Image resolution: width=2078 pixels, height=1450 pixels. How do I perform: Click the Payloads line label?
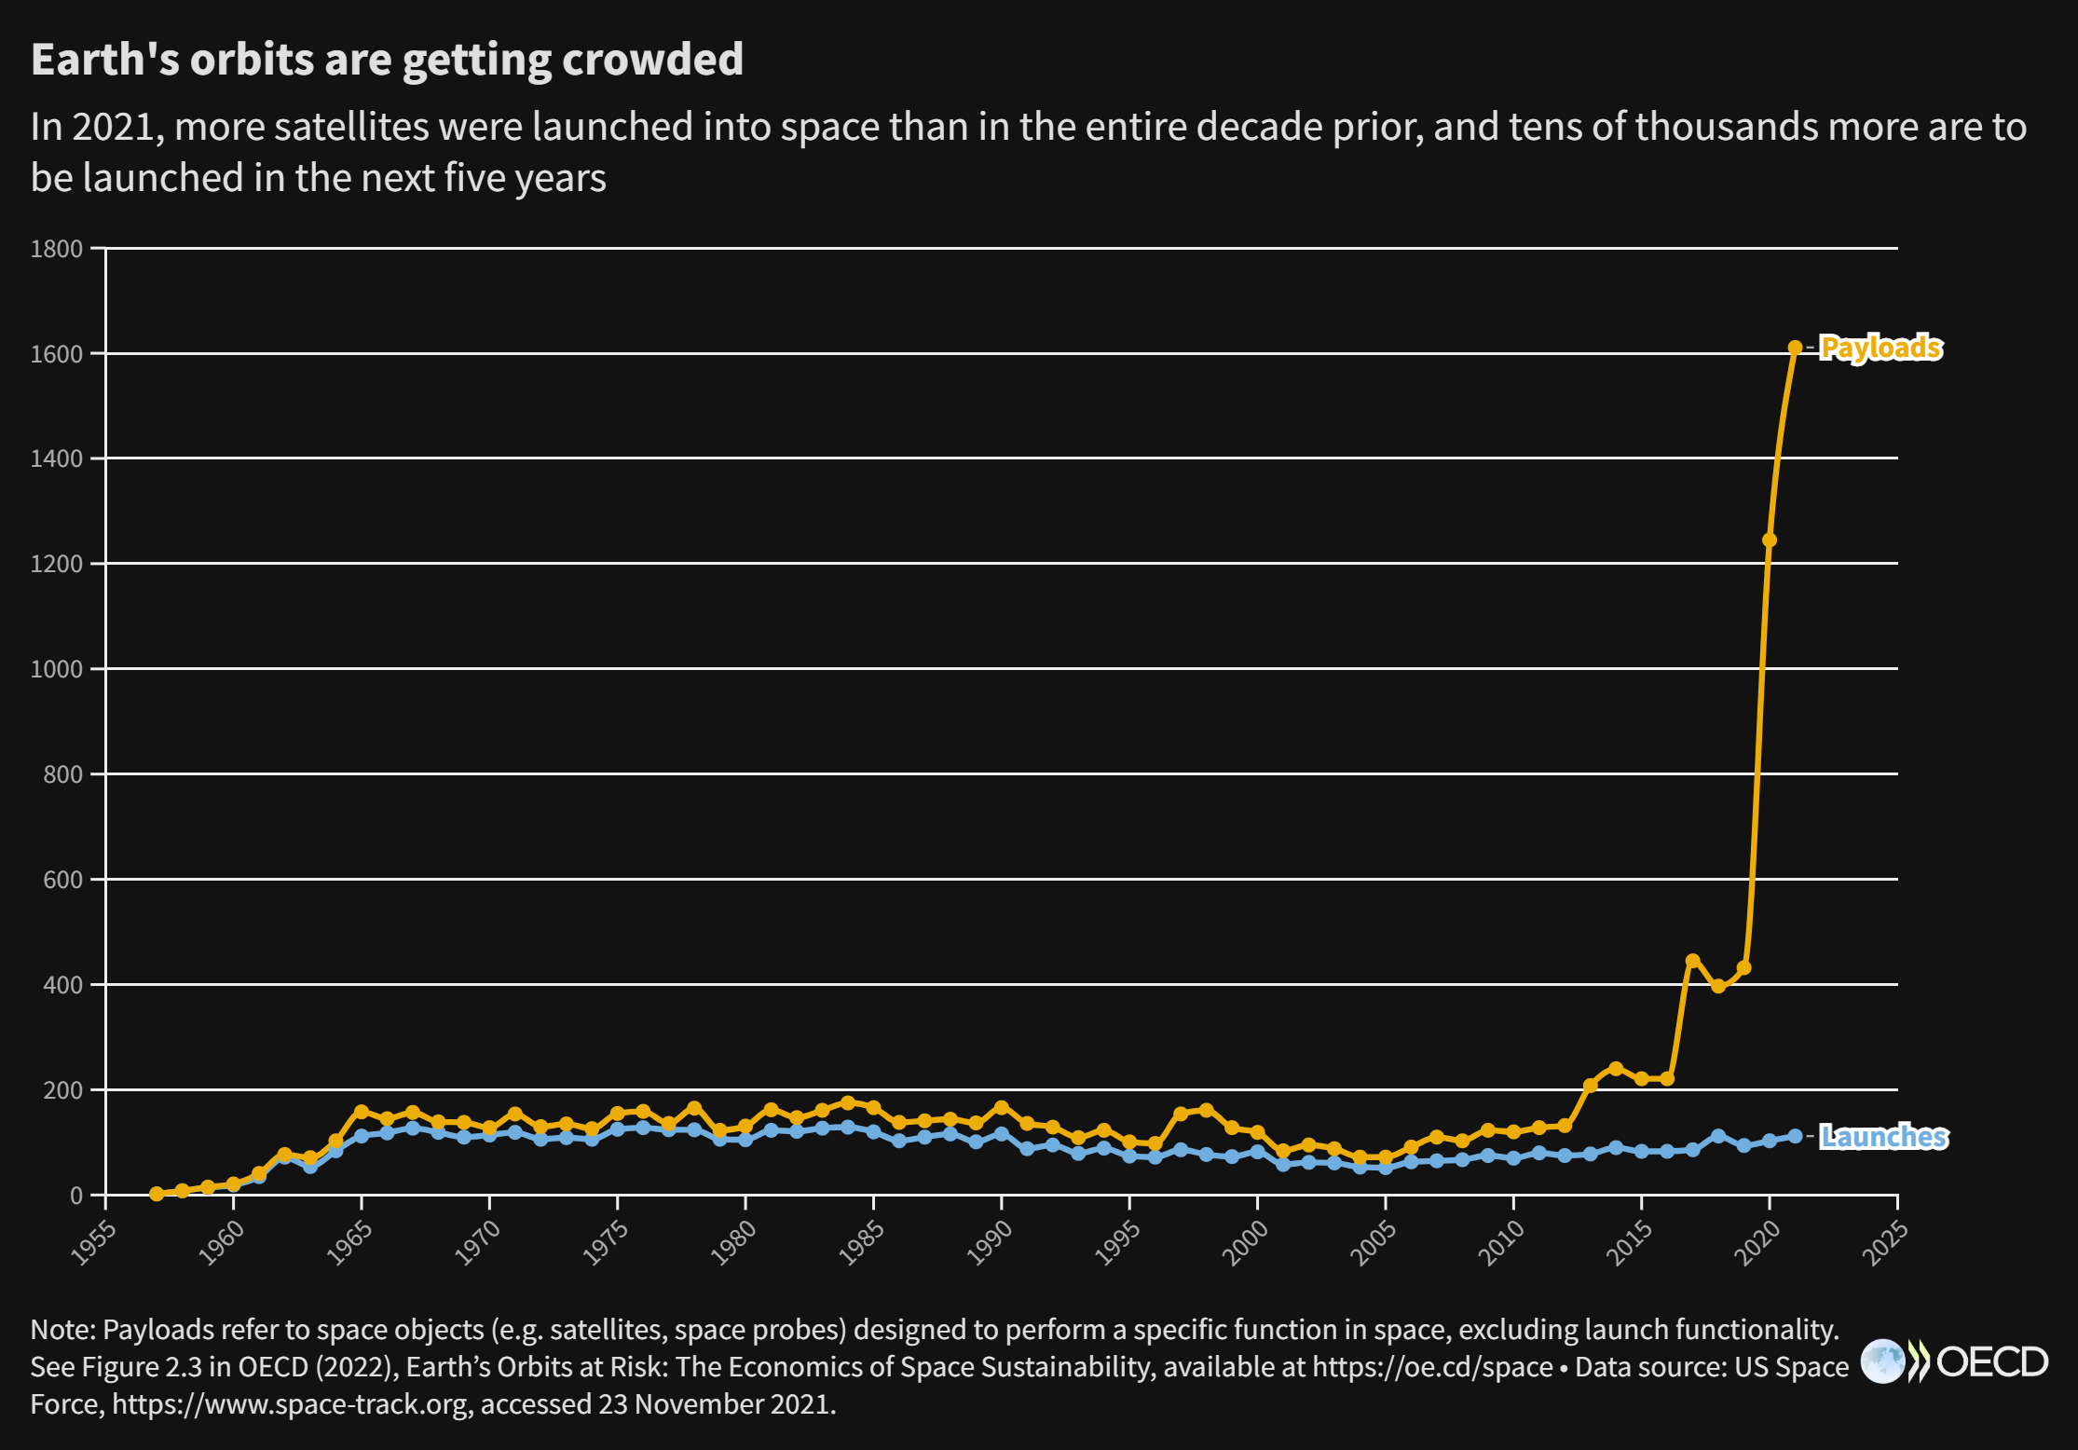(1880, 348)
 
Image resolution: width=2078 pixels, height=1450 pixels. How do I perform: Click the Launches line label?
(1883, 1137)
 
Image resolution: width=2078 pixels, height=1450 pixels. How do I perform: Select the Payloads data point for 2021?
(1795, 348)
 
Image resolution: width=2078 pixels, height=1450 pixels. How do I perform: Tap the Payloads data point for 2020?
(1770, 540)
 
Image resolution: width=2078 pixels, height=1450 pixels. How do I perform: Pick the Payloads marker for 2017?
(1692, 961)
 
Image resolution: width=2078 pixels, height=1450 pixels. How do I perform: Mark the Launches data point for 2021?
(1795, 1136)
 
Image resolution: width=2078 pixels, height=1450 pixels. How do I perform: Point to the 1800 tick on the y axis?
(57, 249)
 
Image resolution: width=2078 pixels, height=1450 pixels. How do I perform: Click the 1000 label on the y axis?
(57, 669)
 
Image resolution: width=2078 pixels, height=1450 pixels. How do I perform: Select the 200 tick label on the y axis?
(63, 1090)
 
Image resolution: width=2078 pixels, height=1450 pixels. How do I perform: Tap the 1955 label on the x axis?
(94, 1243)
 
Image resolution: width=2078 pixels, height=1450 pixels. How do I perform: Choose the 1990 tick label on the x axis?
(990, 1243)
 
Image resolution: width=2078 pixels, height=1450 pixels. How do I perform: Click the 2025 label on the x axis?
(1885, 1243)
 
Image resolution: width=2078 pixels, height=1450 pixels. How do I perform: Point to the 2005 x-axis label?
(1374, 1243)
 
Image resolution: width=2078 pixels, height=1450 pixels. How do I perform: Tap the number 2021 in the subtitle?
(113, 127)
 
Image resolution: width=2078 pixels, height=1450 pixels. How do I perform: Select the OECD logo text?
(1992, 1362)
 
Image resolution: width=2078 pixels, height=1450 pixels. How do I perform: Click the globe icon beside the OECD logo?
(1882, 1361)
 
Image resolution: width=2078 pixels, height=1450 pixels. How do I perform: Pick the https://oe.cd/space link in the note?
(1432, 1367)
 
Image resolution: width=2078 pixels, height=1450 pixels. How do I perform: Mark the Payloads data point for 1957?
(157, 1194)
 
